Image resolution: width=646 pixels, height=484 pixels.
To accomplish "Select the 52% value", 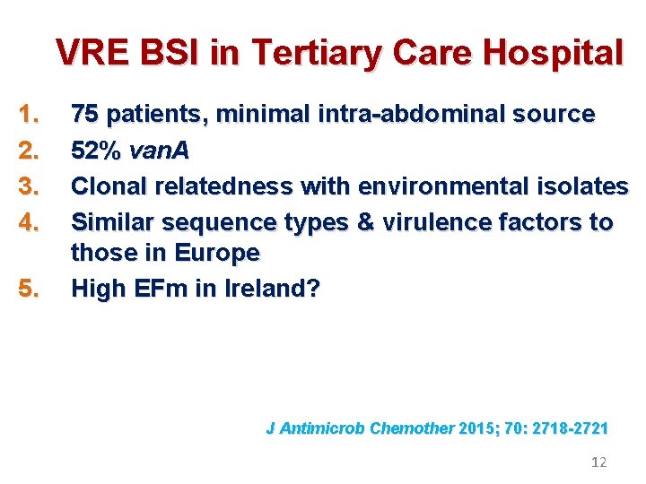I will [x=96, y=151].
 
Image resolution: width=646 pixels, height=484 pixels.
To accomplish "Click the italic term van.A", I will [x=159, y=151].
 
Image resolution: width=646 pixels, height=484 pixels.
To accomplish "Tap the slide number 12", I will [x=599, y=462].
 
